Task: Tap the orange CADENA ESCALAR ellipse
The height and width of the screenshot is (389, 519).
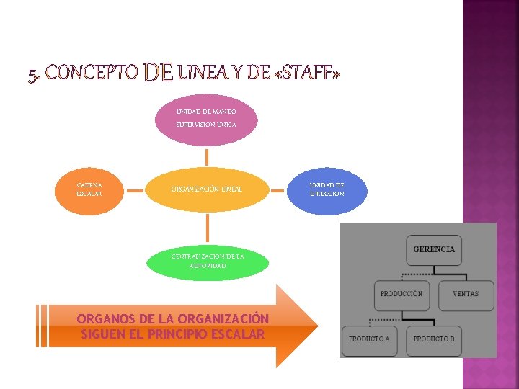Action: click(x=90, y=189)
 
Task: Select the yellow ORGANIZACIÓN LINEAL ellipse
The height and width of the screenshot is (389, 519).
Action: click(x=207, y=189)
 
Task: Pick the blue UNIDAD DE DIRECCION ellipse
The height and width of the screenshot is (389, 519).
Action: click(x=327, y=189)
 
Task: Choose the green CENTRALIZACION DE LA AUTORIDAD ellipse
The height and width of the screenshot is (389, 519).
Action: click(x=208, y=261)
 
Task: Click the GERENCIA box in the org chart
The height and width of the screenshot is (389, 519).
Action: click(x=434, y=249)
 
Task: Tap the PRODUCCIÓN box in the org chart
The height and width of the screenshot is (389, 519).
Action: click(x=402, y=294)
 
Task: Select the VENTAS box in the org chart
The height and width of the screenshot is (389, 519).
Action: click(x=466, y=294)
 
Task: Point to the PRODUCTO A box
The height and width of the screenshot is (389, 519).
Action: click(x=369, y=339)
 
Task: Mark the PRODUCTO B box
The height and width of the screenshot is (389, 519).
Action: click(x=434, y=339)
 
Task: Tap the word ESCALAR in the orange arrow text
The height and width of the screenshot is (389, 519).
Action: click(x=236, y=334)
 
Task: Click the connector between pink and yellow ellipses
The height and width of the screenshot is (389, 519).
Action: click(x=208, y=157)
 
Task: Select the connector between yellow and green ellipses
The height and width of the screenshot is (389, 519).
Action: click(x=208, y=227)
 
